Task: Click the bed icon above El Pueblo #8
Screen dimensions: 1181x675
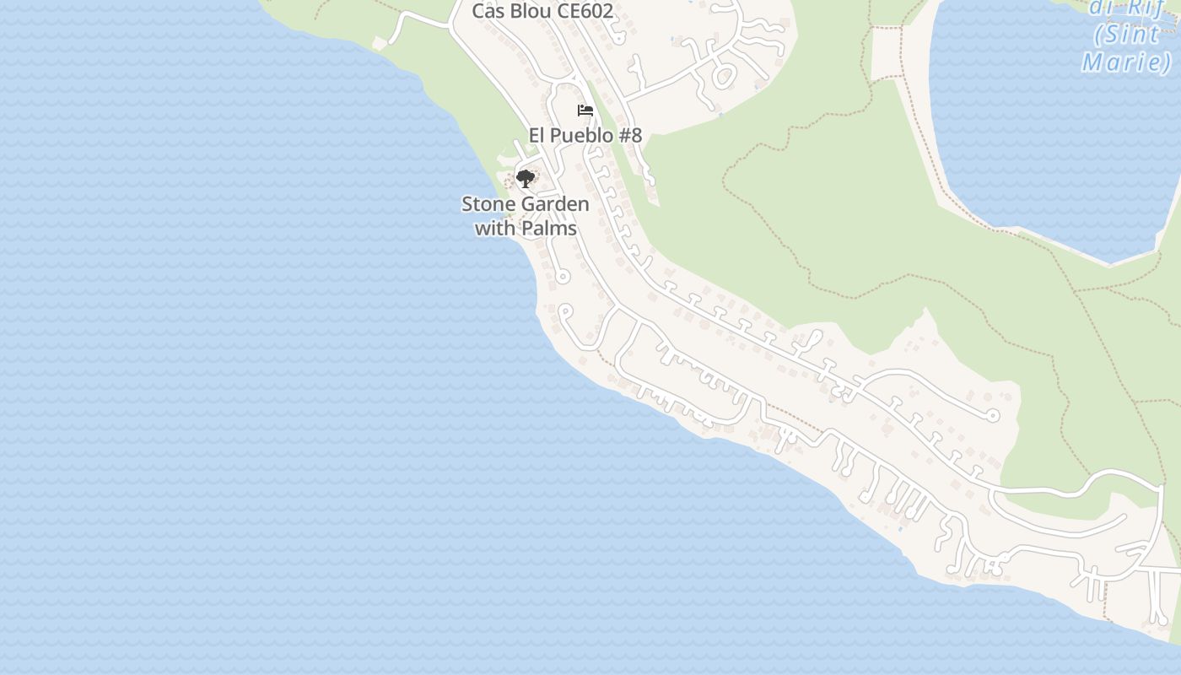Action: point(585,111)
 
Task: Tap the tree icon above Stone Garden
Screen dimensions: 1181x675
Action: point(526,178)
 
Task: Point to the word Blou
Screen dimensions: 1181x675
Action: point(531,12)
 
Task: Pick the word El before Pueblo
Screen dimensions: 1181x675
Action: point(537,135)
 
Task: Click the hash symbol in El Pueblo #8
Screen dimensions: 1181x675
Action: point(626,135)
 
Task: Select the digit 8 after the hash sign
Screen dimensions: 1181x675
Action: point(637,135)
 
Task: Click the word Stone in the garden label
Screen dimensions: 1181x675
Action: point(486,204)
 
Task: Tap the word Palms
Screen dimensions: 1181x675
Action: point(549,229)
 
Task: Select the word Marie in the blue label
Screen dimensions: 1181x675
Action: point(1127,62)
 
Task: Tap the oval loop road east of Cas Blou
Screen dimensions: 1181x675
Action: point(724,77)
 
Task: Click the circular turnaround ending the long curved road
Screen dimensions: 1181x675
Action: point(993,415)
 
